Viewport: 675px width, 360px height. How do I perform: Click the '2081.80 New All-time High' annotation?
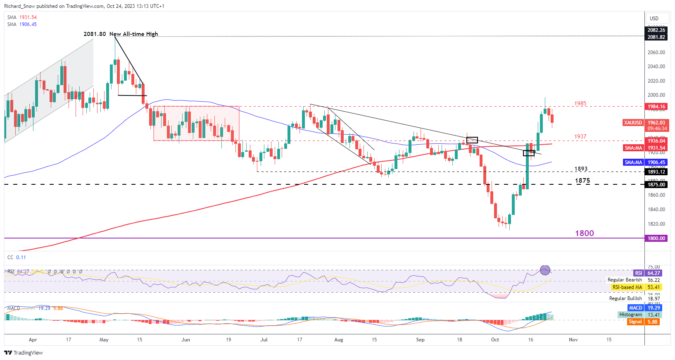[x=121, y=34]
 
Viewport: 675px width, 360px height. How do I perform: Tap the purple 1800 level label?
[x=584, y=233]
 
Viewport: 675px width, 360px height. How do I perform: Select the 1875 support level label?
[x=582, y=181]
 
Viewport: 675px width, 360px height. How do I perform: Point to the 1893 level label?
[x=581, y=169]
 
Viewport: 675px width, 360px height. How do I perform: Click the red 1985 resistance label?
[x=580, y=103]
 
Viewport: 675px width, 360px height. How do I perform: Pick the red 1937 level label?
[x=580, y=136]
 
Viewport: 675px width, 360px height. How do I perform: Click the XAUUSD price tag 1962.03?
[x=645, y=123]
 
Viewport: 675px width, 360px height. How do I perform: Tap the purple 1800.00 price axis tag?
[x=656, y=238]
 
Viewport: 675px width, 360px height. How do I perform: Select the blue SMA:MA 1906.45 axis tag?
[x=645, y=162]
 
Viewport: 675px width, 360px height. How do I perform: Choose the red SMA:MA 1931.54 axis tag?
[x=645, y=148]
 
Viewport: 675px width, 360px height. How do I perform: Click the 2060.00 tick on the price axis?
[x=656, y=52]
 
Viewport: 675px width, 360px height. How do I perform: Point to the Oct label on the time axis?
[x=495, y=340]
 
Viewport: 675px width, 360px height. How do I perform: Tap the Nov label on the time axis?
[x=573, y=340]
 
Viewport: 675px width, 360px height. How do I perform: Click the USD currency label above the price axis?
[x=654, y=18]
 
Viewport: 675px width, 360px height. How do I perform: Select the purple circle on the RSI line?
[x=545, y=270]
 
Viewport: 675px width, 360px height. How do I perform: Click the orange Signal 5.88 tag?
[x=643, y=322]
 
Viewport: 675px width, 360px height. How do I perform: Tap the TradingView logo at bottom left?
[x=24, y=353]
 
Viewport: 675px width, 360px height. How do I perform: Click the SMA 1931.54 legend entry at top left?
[x=22, y=17]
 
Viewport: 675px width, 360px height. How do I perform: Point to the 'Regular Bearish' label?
[x=625, y=280]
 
